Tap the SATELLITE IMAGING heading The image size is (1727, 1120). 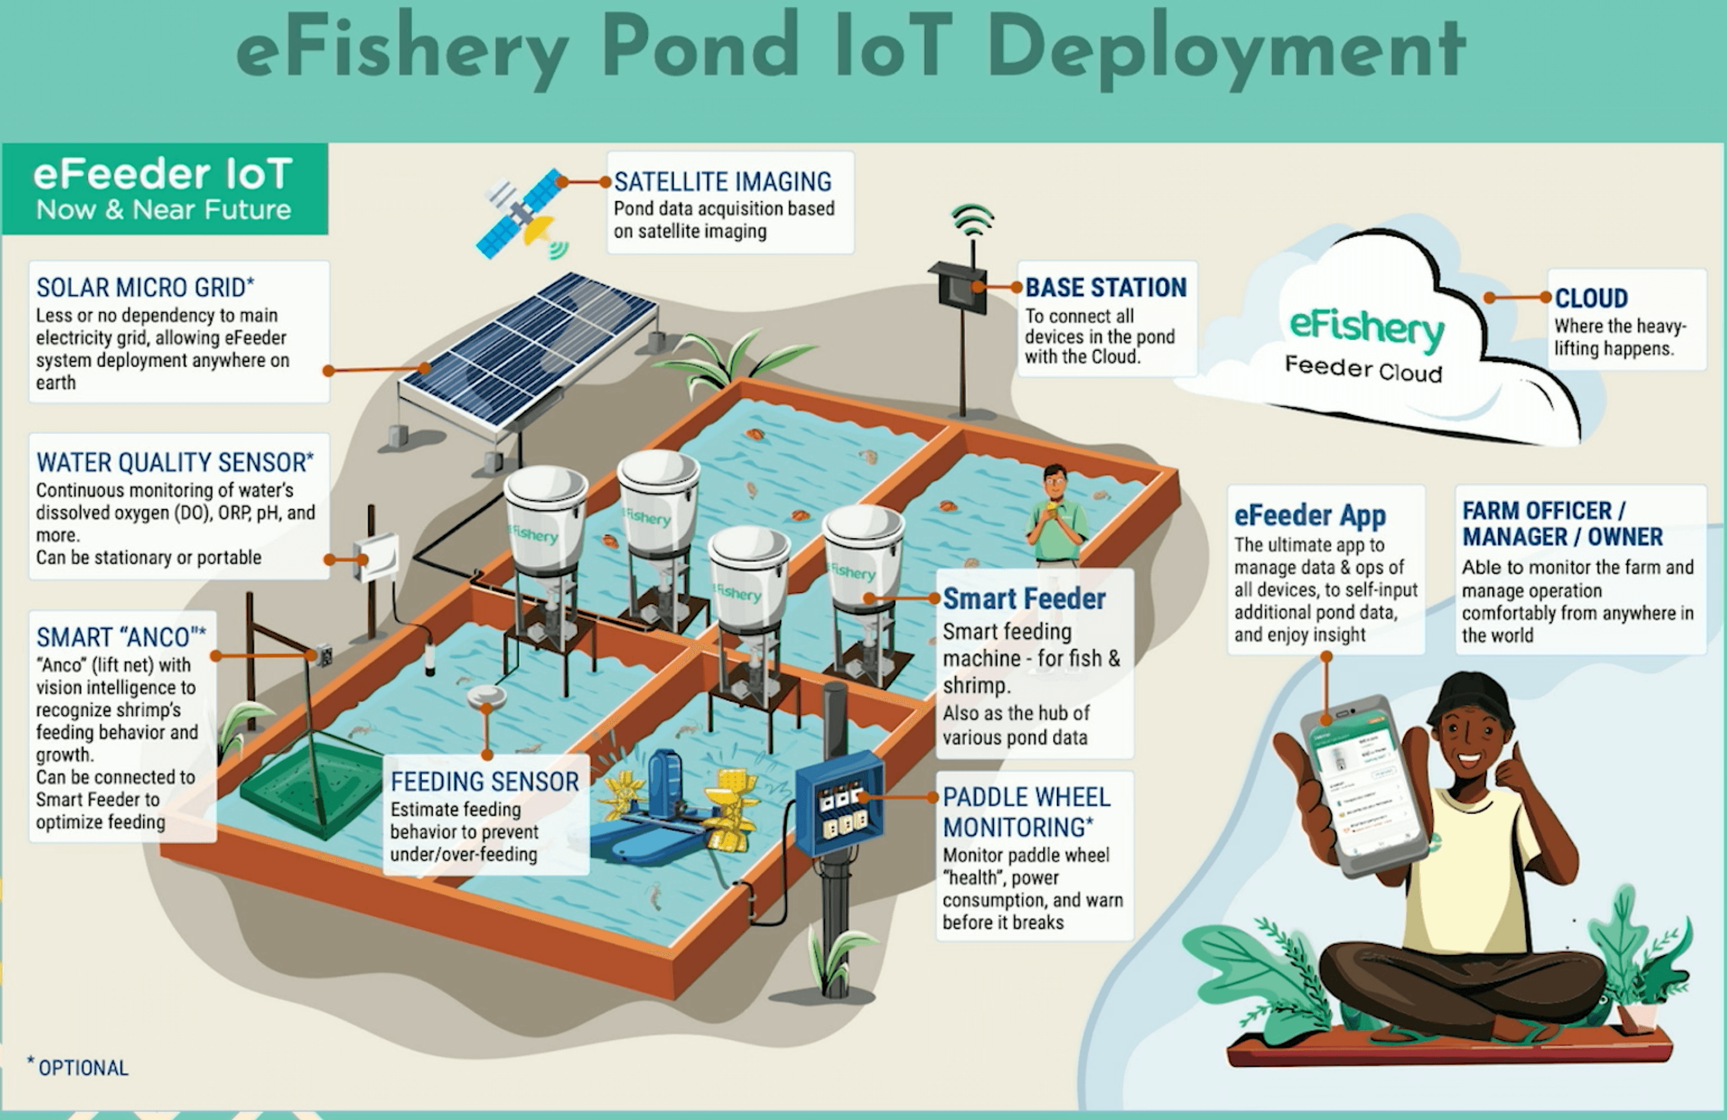(722, 181)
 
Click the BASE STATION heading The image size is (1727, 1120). (1105, 287)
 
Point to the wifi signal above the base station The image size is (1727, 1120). (972, 219)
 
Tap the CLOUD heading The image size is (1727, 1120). (1591, 298)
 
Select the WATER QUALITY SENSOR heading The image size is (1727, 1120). (174, 462)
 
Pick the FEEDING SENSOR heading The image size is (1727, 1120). (484, 781)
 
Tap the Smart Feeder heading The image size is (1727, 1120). (1023, 599)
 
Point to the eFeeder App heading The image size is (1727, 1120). (1310, 515)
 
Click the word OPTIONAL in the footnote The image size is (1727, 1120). (84, 1068)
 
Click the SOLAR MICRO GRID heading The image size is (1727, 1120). (145, 287)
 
